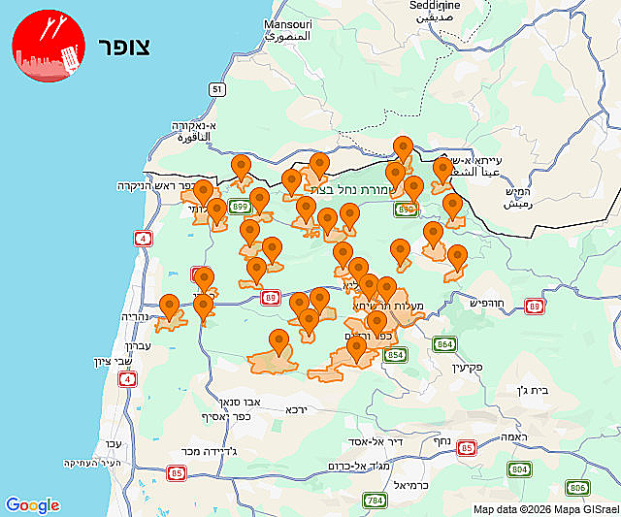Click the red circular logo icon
point(48,48)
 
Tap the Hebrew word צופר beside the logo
point(124,48)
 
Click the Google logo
point(32,505)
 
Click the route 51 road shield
point(217,89)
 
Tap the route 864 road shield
point(444,344)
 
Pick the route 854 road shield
point(396,356)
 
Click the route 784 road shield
point(375,501)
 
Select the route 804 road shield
point(520,469)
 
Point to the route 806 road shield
point(578,488)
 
